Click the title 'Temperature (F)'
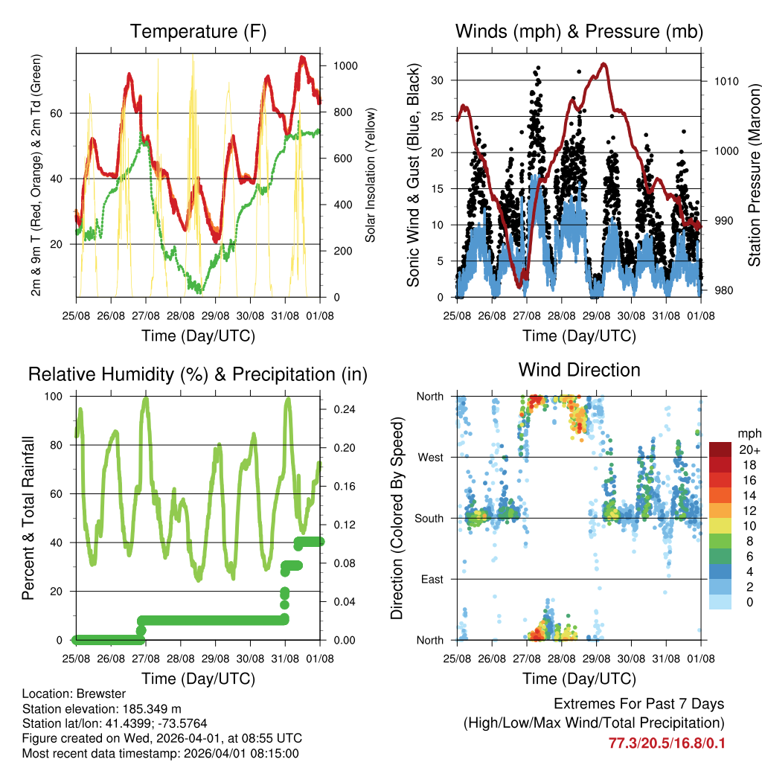[x=198, y=32]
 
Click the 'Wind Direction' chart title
[x=579, y=370]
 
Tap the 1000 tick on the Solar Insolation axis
[x=346, y=65]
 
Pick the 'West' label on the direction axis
[x=431, y=457]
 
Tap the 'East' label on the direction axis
[x=432, y=579]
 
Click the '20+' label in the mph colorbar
[x=748, y=450]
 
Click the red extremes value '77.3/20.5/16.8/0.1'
[x=666, y=743]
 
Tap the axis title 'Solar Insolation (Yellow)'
[x=371, y=175]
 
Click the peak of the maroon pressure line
[x=603, y=64]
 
